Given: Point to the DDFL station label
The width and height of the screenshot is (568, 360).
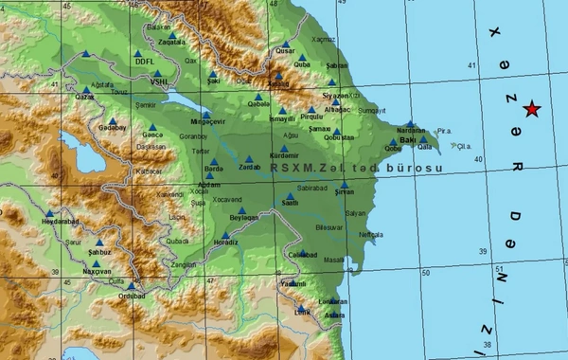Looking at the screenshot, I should click(145, 62).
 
